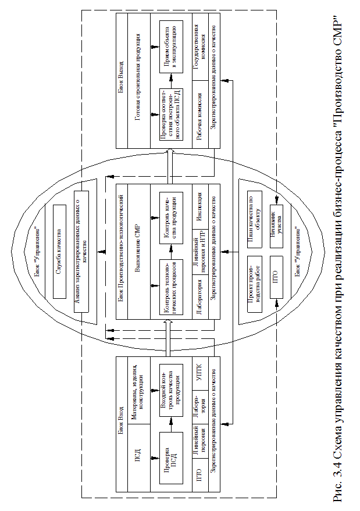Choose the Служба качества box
[x=58, y=251]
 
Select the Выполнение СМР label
[x=137, y=251]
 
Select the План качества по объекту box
[x=255, y=216]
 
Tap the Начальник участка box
[x=279, y=216]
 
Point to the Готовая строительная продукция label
[x=137, y=81]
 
